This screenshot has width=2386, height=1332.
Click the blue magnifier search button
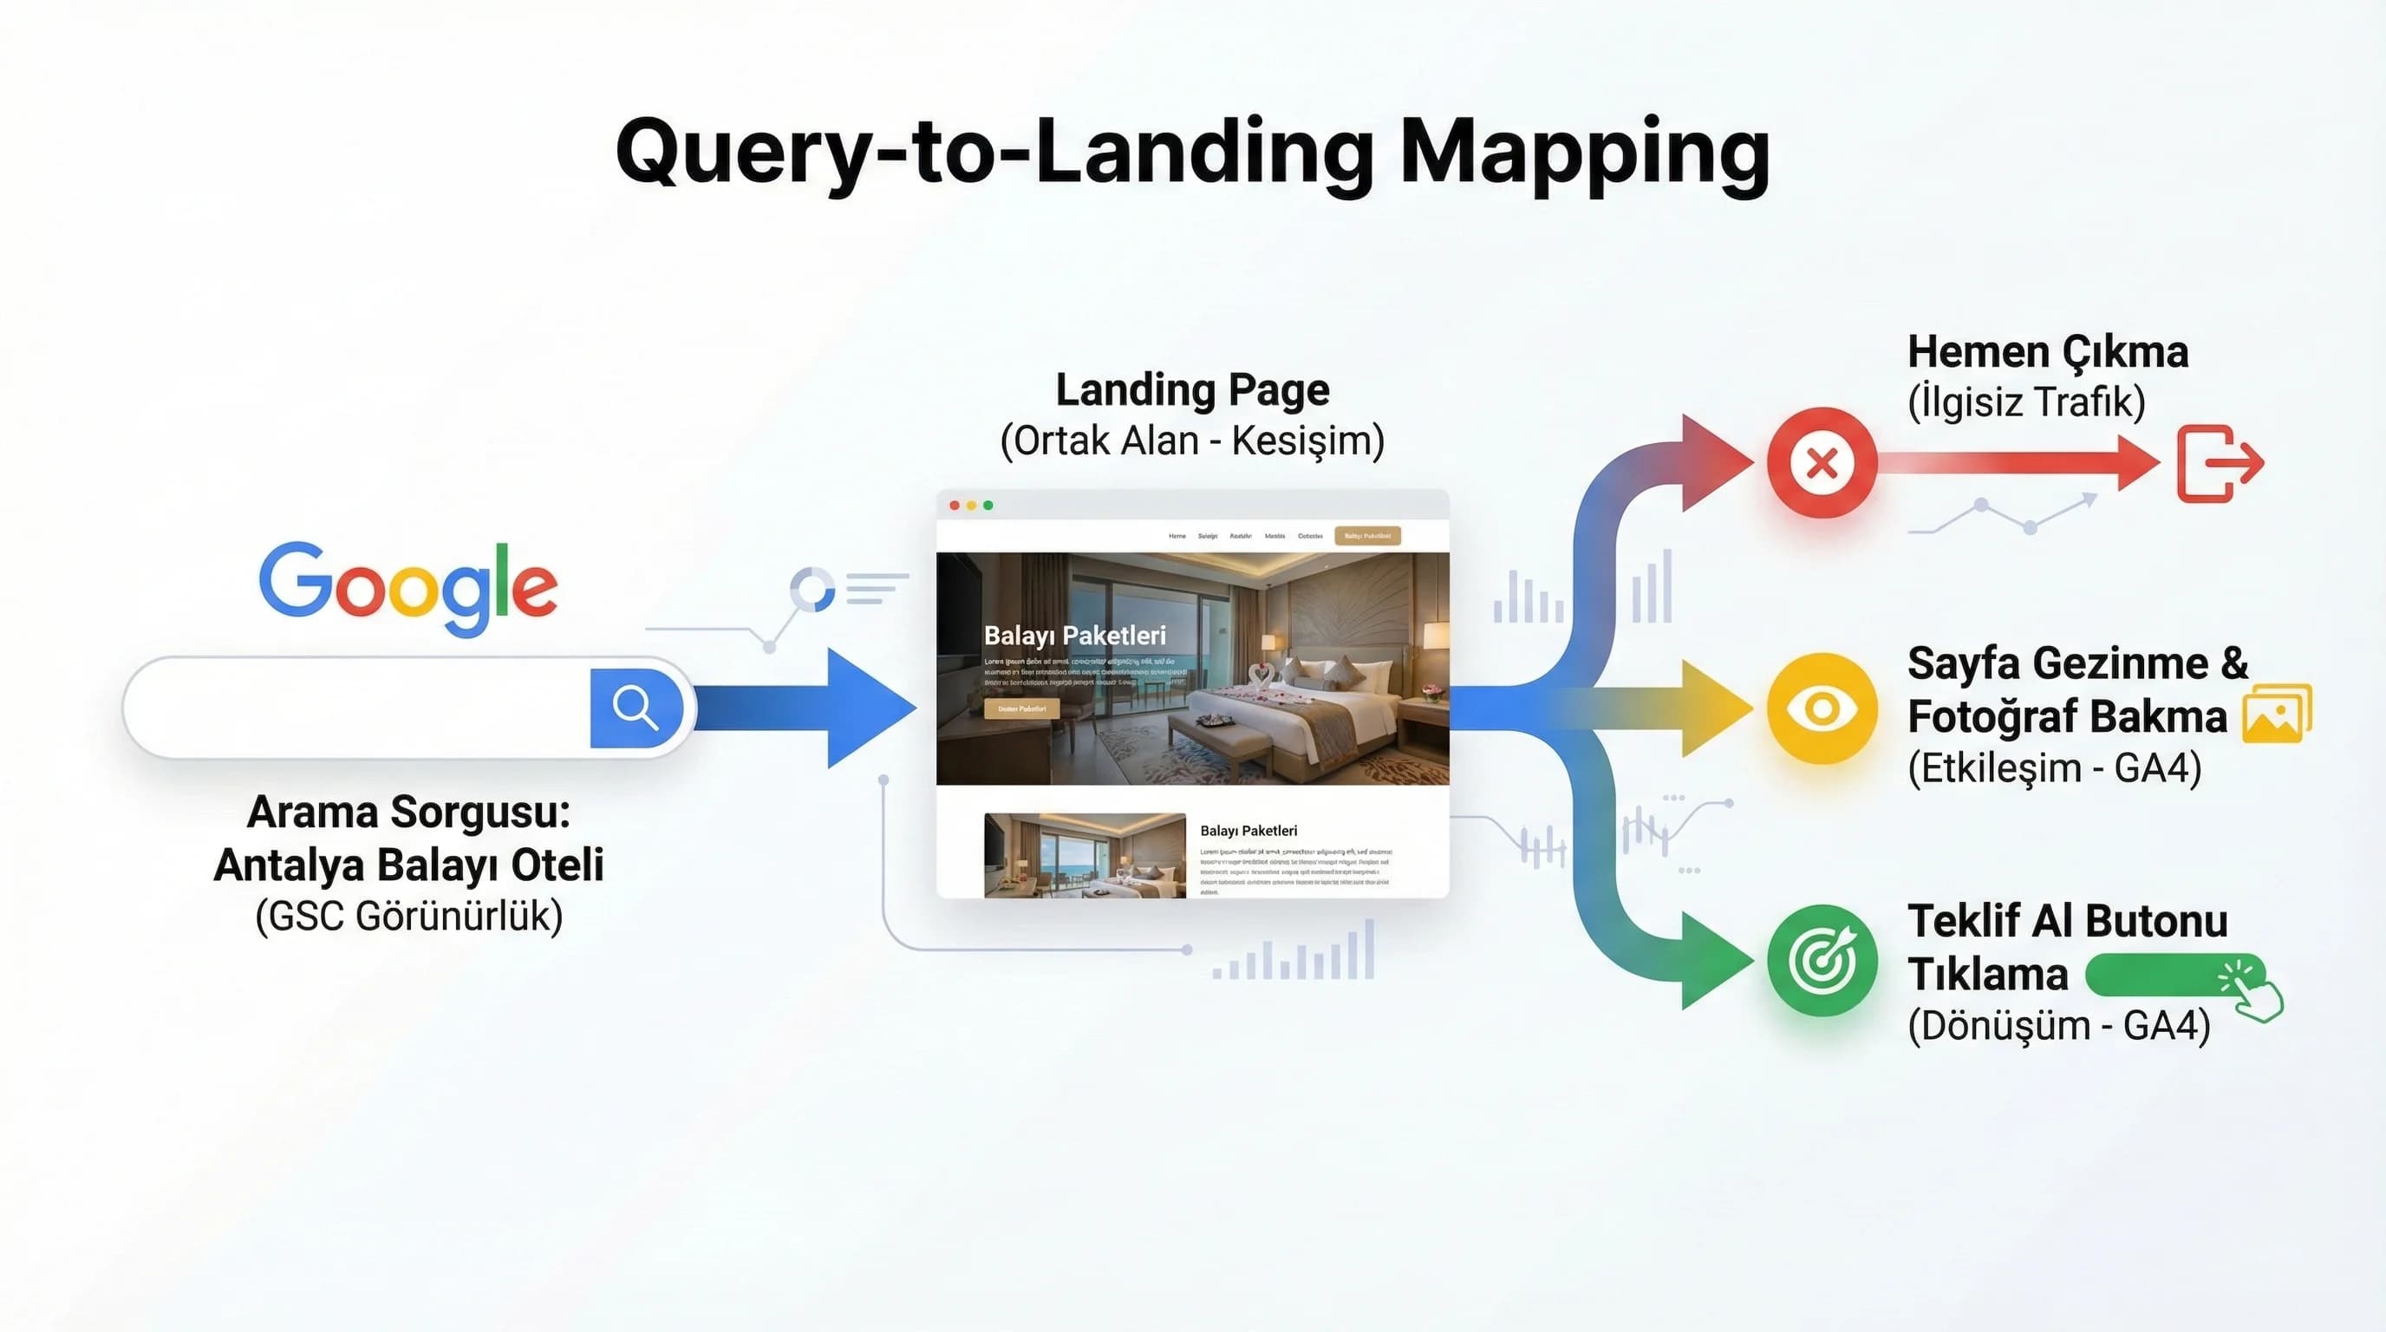point(636,708)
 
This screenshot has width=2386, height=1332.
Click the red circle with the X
point(1821,462)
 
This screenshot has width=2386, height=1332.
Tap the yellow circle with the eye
point(1821,708)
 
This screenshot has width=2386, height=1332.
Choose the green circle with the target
point(1821,961)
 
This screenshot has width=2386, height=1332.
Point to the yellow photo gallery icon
point(2277,713)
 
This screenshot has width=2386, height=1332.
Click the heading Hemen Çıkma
point(2047,352)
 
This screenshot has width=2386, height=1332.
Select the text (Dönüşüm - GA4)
point(2058,1025)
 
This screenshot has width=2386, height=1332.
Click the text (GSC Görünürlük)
point(408,916)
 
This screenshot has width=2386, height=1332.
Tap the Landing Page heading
point(1192,389)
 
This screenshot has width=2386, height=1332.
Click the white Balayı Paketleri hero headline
point(1074,636)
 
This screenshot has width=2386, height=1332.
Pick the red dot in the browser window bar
point(954,506)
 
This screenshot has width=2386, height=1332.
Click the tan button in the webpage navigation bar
point(1367,535)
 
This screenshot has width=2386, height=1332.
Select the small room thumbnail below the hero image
point(1084,855)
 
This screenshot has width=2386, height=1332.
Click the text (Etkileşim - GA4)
point(2053,767)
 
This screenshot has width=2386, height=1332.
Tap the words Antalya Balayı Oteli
point(408,865)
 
